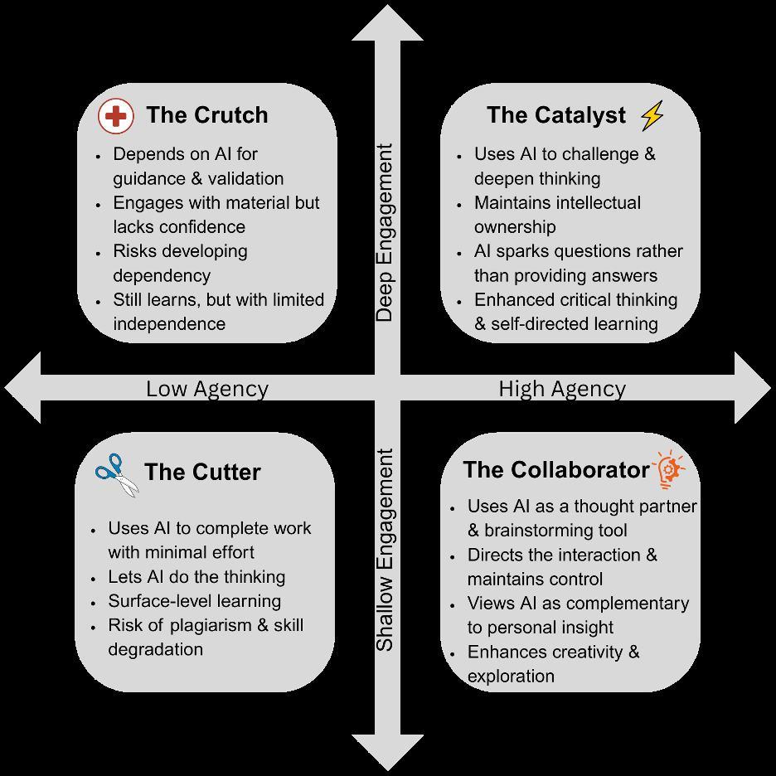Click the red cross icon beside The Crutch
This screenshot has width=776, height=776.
115,116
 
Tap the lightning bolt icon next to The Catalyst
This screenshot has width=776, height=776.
652,115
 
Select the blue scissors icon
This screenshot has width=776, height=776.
116,474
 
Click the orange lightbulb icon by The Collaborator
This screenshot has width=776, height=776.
671,470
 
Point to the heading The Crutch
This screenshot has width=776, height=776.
206,115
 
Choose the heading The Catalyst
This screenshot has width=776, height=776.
556,115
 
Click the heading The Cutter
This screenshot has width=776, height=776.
202,473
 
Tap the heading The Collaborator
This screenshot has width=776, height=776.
556,470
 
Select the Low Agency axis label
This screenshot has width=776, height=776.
207,389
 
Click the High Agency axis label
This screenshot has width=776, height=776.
562,389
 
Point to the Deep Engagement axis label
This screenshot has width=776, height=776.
384,233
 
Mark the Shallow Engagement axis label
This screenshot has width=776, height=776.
384,550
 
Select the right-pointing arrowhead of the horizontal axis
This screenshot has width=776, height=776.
751,386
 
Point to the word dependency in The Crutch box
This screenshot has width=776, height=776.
162,275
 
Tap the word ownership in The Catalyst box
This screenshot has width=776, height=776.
515,226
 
